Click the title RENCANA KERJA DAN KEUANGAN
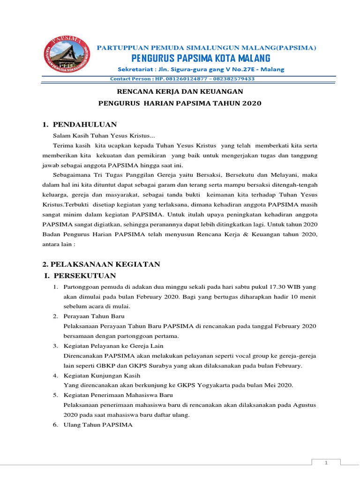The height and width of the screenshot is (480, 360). click(x=180, y=92)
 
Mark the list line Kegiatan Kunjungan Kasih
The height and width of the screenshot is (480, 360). click(x=101, y=375)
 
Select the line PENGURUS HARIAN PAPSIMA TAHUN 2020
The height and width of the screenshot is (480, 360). click(x=180, y=103)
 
